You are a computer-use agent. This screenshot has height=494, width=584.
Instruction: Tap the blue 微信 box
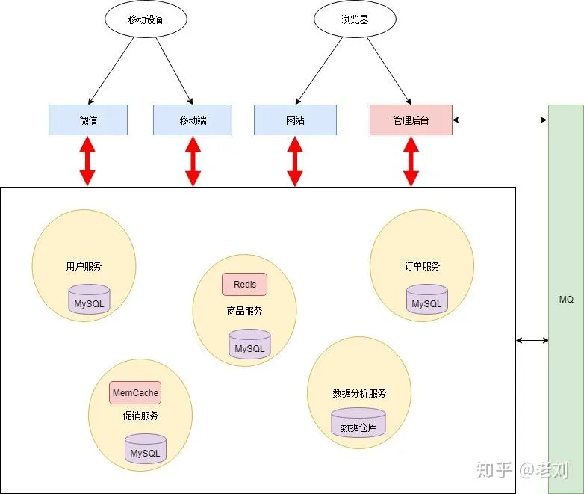pyautogui.click(x=88, y=120)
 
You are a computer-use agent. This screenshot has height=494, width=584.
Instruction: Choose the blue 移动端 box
pyautogui.click(x=193, y=120)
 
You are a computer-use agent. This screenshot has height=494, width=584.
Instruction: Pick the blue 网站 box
pyautogui.click(x=295, y=120)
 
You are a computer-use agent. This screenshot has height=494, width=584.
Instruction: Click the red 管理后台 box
pyautogui.click(x=411, y=120)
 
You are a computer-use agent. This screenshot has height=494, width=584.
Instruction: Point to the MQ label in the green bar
pyautogui.click(x=566, y=299)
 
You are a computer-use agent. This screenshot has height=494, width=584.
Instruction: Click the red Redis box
pyautogui.click(x=244, y=284)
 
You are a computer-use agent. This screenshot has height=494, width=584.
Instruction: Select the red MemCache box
pyautogui.click(x=135, y=392)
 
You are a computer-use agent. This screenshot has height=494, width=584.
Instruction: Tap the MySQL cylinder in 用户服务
pyautogui.click(x=89, y=300)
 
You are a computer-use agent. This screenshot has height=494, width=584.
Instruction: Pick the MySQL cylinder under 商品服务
pyautogui.click(x=249, y=345)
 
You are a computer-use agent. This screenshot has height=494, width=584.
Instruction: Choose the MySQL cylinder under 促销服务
pyautogui.click(x=145, y=449)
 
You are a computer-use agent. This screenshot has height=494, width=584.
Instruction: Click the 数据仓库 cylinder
pyautogui.click(x=358, y=424)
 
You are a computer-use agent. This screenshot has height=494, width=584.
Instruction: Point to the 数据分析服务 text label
pyautogui.click(x=358, y=393)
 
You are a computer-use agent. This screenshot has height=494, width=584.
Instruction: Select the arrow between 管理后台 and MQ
pyautogui.click(x=500, y=120)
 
